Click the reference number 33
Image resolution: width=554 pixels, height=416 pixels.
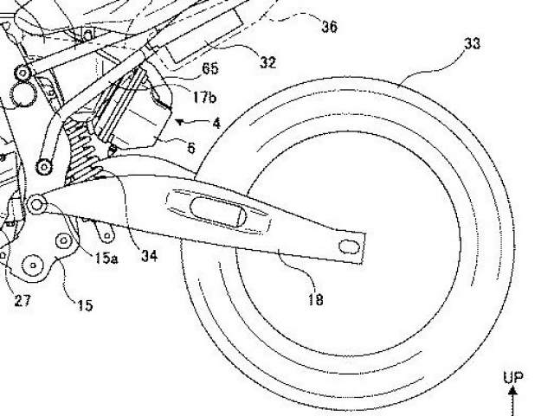pos(472,43)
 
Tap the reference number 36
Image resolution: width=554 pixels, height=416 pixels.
pos(329,27)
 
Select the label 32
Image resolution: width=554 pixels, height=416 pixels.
pos(267,62)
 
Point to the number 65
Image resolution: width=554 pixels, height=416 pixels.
pos(209,68)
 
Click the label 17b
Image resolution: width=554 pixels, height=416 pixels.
pos(204,97)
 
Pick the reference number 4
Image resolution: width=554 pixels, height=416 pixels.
pos(216,124)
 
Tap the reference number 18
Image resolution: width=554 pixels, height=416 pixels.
pos(315,300)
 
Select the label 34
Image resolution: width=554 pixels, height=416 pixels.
pos(149,256)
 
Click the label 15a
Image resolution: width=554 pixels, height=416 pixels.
pos(106,259)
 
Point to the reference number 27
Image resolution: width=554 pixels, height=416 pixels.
pos(23,301)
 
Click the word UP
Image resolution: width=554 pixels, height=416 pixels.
pos(513,377)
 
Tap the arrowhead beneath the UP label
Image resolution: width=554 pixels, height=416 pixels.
pos(513,390)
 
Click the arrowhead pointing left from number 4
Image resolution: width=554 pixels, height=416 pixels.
pos(180,122)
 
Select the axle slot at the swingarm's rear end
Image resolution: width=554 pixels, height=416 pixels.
pos(349,246)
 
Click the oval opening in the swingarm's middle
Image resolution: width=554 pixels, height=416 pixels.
pos(217,211)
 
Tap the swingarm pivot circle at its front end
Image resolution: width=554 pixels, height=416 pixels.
pos(36,204)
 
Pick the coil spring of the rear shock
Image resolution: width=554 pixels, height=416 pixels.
pos(82,151)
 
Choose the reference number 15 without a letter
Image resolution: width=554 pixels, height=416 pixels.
pos(85,305)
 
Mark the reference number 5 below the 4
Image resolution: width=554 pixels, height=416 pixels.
pos(191,148)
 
